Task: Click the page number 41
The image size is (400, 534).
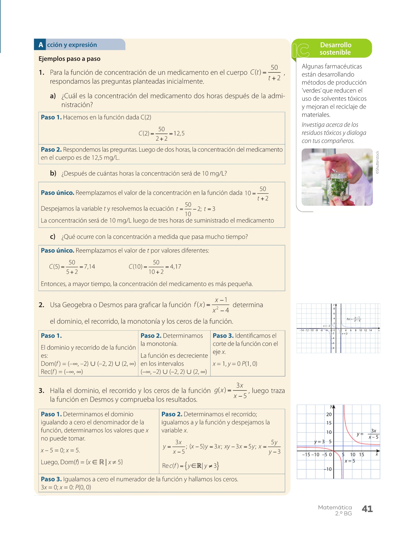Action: pyautogui.click(x=367, y=509)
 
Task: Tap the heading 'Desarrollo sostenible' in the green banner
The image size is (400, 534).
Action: pyautogui.click(x=335, y=49)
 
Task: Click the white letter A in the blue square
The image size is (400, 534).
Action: pyautogui.click(x=41, y=45)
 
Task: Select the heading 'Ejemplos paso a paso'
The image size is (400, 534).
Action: pyautogui.click(x=69, y=59)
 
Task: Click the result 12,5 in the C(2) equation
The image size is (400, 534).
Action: pyautogui.click(x=179, y=133)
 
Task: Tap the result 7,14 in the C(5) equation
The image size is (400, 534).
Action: pyautogui.click(x=89, y=267)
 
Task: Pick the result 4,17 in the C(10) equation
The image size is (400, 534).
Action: pyautogui.click(x=175, y=267)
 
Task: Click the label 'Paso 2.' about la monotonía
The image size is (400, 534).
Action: pyautogui.click(x=151, y=336)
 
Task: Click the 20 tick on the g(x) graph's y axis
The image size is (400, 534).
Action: pyautogui.click(x=329, y=414)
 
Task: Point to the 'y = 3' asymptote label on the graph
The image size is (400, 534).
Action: pyautogui.click(x=319, y=442)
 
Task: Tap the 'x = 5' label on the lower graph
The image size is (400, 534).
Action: pyautogui.click(x=350, y=461)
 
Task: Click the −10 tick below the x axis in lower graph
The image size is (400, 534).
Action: pyautogui.click(x=328, y=469)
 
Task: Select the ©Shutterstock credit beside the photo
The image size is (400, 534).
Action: pyautogui.click(x=377, y=162)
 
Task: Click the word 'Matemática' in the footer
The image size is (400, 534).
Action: pyautogui.click(x=335, y=507)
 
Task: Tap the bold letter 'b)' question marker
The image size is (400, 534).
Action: pyautogui.click(x=53, y=173)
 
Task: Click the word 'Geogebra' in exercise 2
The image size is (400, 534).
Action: pyautogui.click(x=76, y=305)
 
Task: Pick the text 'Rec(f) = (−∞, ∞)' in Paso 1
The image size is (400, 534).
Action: pyautogui.click(x=62, y=371)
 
